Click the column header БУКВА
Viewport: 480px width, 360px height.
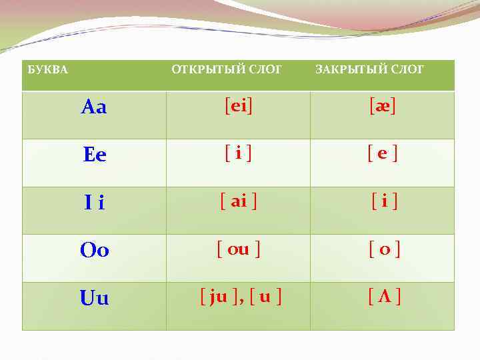coord(47,70)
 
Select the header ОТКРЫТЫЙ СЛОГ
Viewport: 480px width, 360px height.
coord(227,69)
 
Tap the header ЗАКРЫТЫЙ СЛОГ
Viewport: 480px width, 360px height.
coord(369,69)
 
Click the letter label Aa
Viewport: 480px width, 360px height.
coord(94,107)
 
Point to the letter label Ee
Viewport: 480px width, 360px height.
coord(95,155)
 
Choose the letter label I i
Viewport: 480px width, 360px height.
coord(94,203)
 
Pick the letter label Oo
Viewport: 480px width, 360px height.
coord(95,251)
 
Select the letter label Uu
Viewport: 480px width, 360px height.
coord(94,299)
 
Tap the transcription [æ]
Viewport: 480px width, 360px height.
coord(383,106)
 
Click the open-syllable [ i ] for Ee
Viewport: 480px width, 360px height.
coord(238,154)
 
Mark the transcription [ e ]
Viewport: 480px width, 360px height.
coord(383,154)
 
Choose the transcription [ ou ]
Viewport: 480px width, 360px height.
coord(239,250)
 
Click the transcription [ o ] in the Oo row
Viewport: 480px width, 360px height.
coord(385,250)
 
